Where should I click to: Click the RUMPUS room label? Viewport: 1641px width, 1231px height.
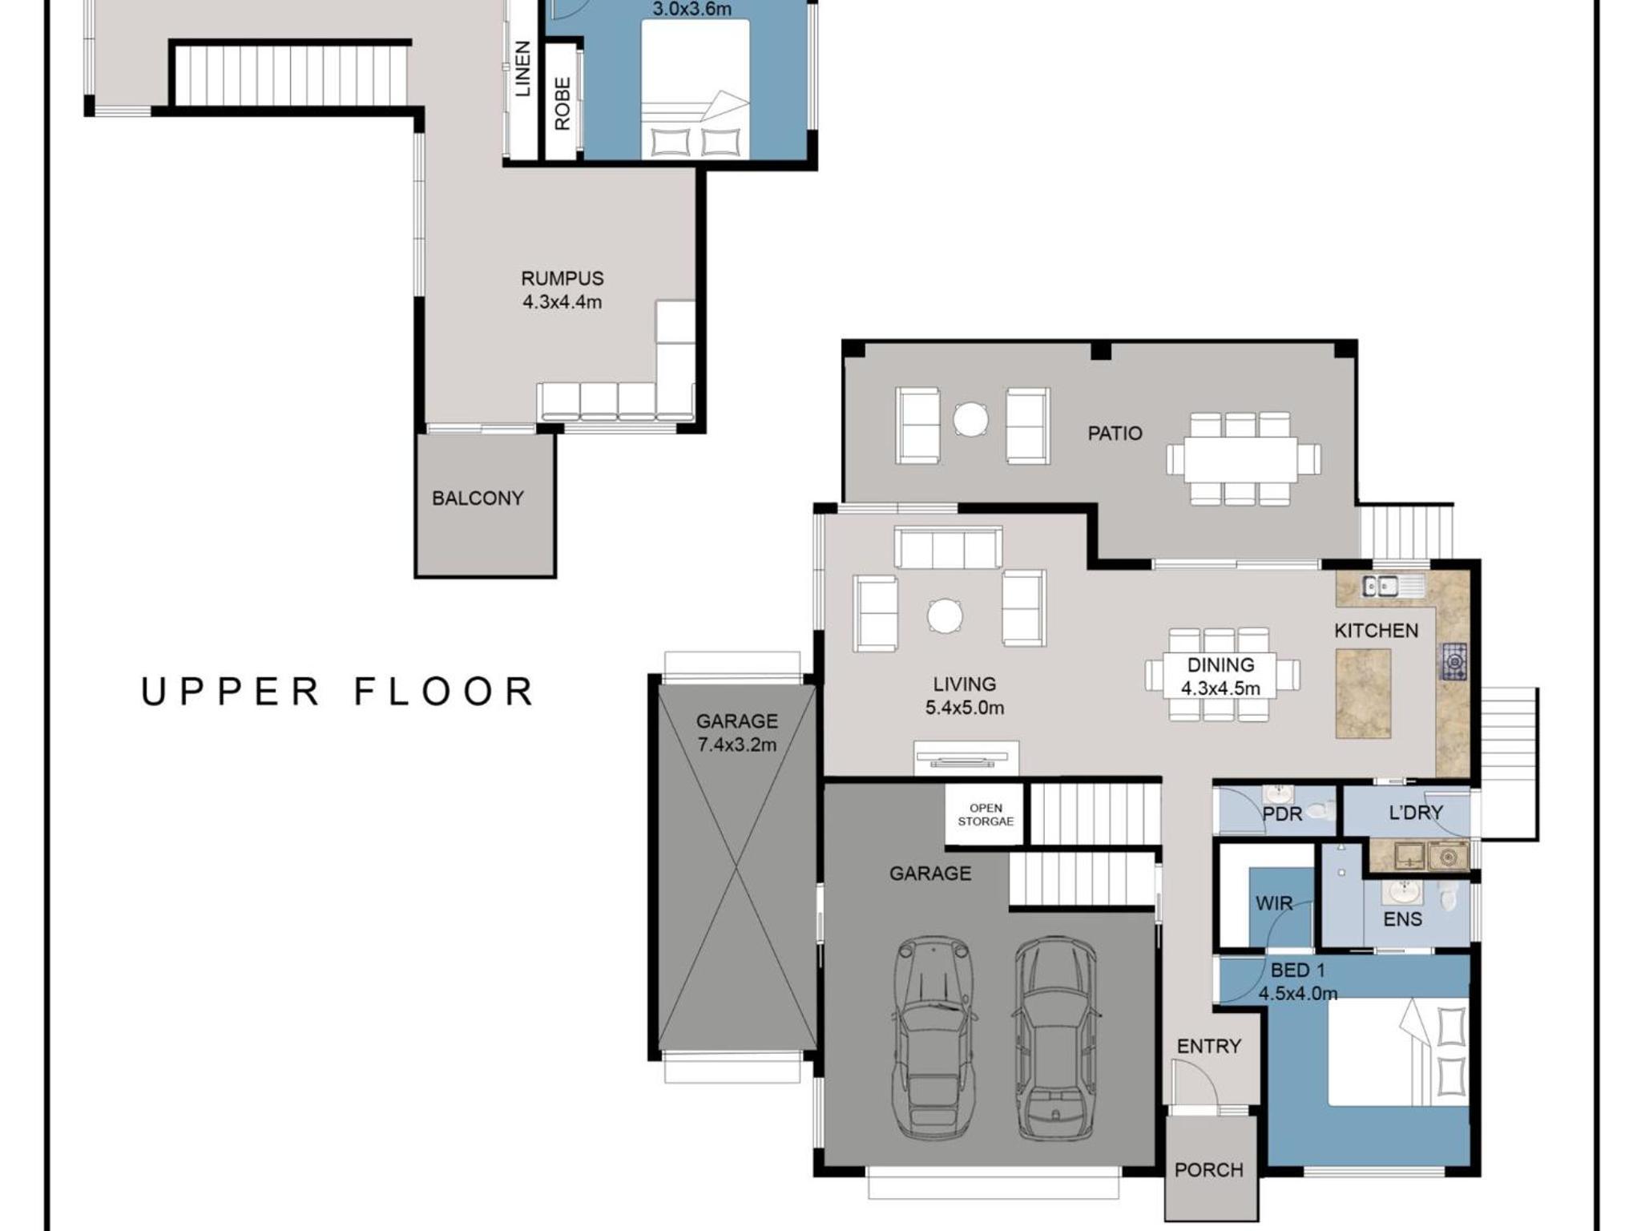point(562,278)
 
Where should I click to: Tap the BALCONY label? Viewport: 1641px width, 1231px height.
point(478,498)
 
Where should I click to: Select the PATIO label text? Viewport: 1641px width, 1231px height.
point(1115,434)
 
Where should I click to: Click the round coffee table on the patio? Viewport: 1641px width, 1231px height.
point(970,419)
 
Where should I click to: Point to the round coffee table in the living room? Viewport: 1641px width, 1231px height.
point(945,615)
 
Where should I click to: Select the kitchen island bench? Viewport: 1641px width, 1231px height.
point(1363,693)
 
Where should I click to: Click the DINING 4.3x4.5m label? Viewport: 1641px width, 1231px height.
point(1220,676)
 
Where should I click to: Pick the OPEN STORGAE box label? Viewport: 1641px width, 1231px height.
point(986,814)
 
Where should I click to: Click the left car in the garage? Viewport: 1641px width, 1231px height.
point(934,1037)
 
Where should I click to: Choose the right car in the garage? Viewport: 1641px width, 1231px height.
point(1056,1037)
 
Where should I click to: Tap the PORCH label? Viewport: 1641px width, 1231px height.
point(1209,1170)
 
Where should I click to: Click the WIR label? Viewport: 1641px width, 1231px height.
point(1274,903)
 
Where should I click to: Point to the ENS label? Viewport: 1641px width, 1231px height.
point(1402,919)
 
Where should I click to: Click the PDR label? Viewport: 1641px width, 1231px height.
point(1282,814)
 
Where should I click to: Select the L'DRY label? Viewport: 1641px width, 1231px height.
point(1415,813)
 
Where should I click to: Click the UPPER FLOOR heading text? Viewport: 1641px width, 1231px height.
point(337,692)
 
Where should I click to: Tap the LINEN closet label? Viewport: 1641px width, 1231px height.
point(522,69)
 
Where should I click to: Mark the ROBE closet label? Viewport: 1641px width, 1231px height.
point(562,103)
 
